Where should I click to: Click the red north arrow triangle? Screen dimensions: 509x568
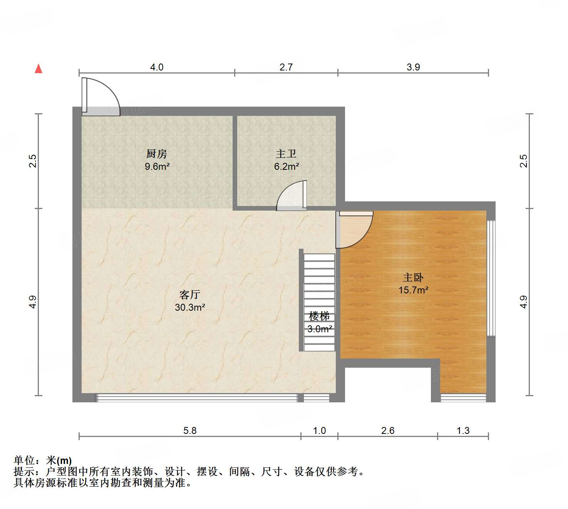39,69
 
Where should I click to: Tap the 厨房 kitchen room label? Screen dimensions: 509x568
157,154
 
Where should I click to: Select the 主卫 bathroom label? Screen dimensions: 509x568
286,154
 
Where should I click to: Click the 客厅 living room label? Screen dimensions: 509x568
189,295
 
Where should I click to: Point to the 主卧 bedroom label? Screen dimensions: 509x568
413,277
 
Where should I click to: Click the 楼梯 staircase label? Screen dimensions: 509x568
319,316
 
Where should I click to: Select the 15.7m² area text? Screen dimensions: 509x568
414,290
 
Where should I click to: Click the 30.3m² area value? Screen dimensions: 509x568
190,308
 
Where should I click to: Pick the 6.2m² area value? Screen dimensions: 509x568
287,167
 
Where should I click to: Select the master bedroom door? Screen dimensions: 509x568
354,229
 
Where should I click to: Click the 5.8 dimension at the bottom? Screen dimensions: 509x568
190,430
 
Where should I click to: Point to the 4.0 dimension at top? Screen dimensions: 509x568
157,67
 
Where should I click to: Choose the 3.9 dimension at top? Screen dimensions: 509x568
413,67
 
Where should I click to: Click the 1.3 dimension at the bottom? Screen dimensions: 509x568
463,430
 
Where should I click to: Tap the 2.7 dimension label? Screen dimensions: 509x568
286,67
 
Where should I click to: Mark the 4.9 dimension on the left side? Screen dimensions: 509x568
33,301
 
